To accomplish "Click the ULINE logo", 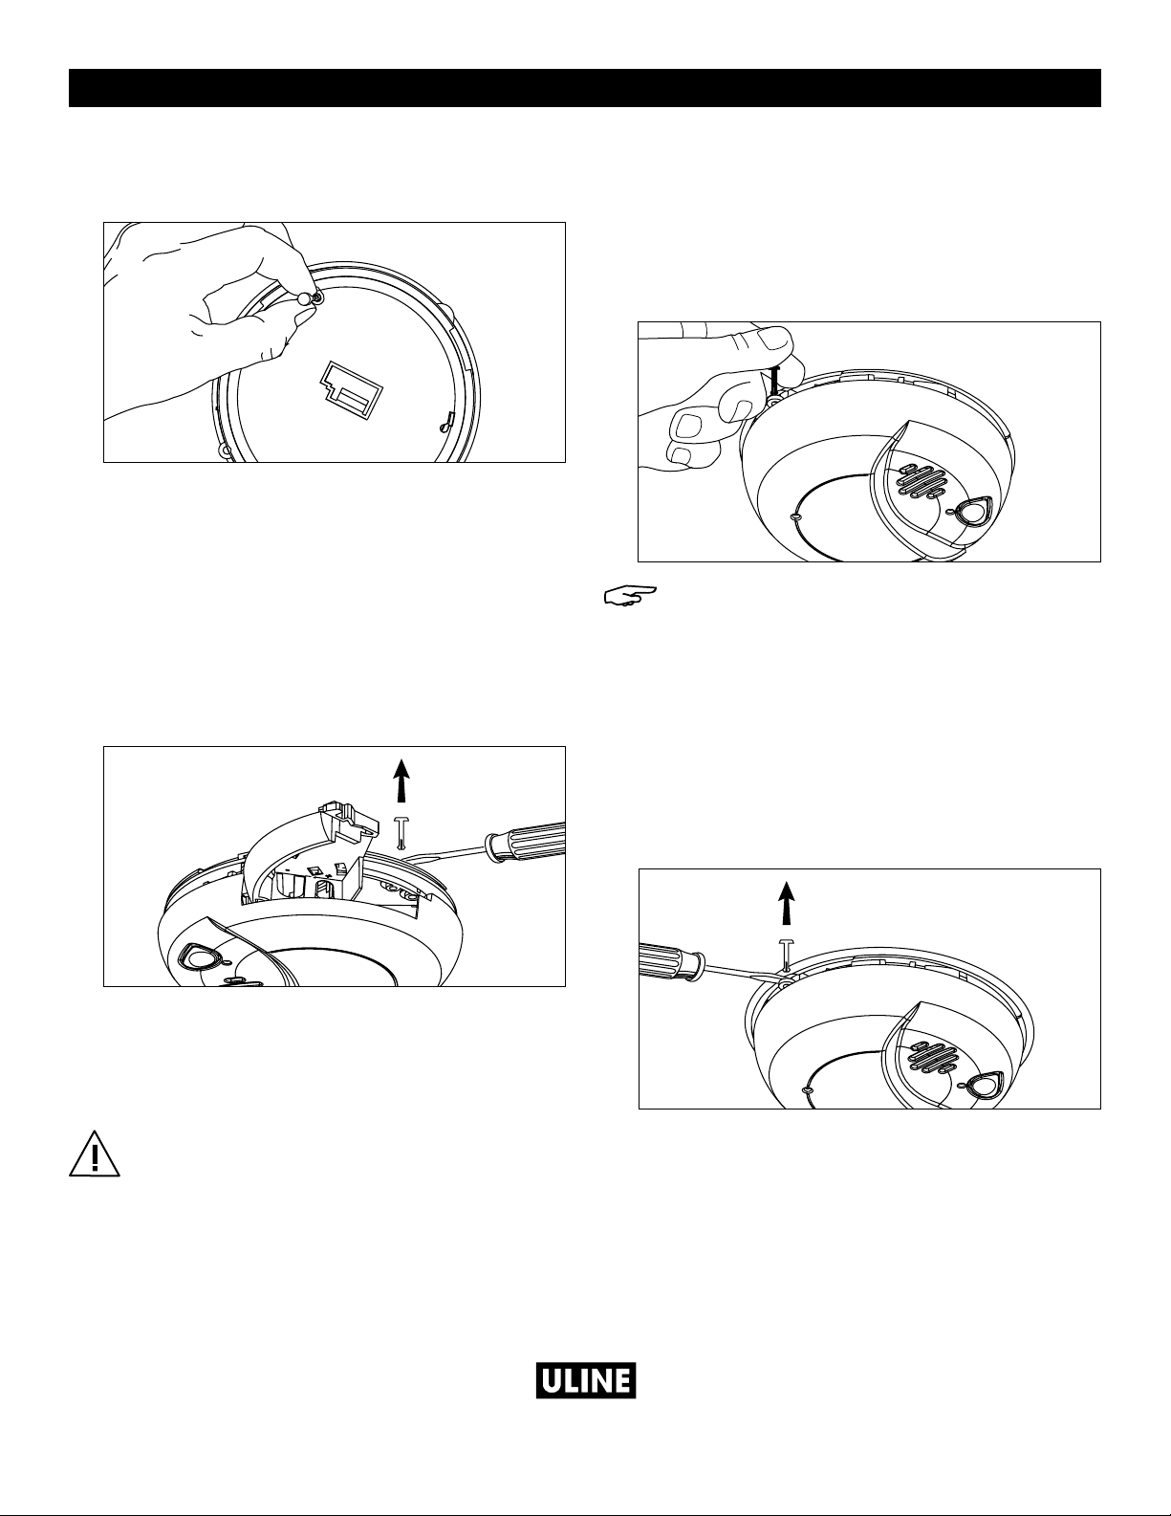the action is tap(585, 1380).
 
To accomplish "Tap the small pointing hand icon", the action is tap(630, 595).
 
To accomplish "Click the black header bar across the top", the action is tap(585, 88).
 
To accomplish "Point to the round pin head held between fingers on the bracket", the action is tap(304, 297).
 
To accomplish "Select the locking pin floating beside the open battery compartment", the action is tap(401, 834).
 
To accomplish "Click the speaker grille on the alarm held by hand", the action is tap(919, 480).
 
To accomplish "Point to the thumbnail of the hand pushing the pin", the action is tap(773, 341).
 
